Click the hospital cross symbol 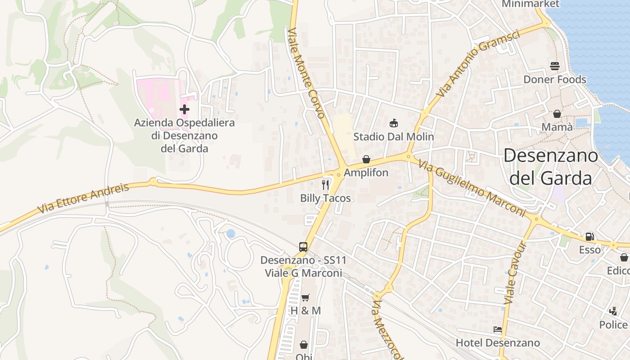pyautogui.click(x=184, y=109)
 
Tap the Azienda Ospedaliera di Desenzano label pyautogui.click(x=184, y=135)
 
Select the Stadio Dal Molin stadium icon pyautogui.click(x=394, y=123)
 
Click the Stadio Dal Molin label pyautogui.click(x=394, y=136)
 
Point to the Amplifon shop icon pyautogui.click(x=366, y=159)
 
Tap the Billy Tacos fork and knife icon pyautogui.click(x=325, y=184)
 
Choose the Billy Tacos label pyautogui.click(x=325, y=198)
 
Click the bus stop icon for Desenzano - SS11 pyautogui.click(x=303, y=247)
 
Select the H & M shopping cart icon pyautogui.click(x=306, y=297)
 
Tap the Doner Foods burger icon pyautogui.click(x=554, y=66)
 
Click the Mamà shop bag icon pyautogui.click(x=557, y=114)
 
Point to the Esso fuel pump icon pyautogui.click(x=589, y=236)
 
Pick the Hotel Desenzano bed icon pyautogui.click(x=497, y=329)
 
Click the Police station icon pyautogui.click(x=613, y=311)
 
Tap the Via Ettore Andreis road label pyautogui.click(x=83, y=198)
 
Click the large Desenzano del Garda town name pyautogui.click(x=551, y=167)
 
